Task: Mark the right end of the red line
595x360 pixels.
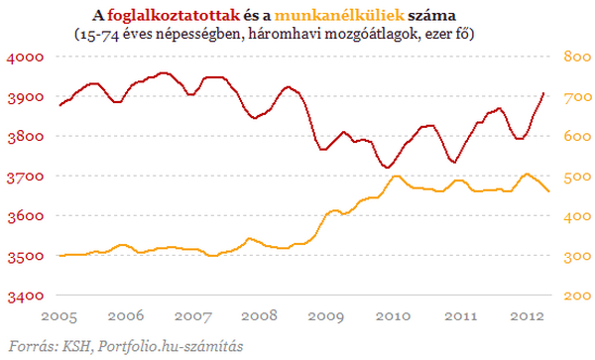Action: click(545, 93)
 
